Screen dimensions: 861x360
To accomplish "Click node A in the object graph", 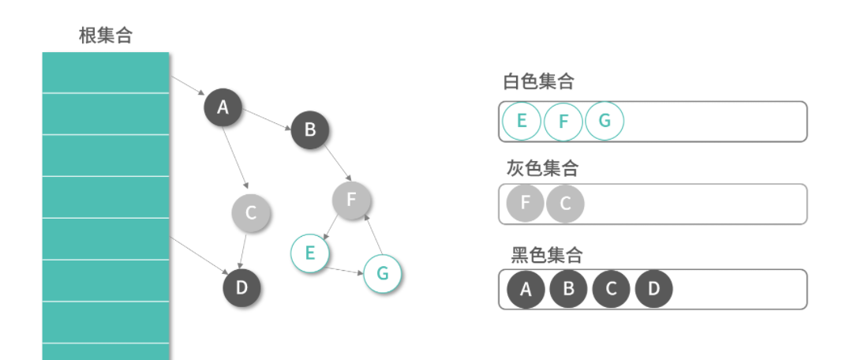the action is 223,107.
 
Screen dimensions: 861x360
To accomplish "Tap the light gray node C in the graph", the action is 251,212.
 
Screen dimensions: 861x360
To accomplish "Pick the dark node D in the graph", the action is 241,287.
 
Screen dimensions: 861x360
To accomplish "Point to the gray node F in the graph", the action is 351,200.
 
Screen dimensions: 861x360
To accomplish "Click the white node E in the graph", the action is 309,253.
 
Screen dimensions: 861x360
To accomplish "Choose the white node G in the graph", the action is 383,273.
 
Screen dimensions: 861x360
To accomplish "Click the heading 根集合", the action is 106,36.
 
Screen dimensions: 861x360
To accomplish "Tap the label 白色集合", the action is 538,81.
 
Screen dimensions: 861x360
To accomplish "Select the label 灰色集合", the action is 542,168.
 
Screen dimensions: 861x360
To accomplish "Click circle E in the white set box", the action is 521,122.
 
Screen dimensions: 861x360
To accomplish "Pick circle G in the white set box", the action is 605,122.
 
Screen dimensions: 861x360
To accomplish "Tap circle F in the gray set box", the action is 526,204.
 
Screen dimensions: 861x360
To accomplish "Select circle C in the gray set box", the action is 565,204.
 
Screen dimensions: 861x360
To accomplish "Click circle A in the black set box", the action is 526,290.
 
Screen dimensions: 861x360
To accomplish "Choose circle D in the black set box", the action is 653,290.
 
